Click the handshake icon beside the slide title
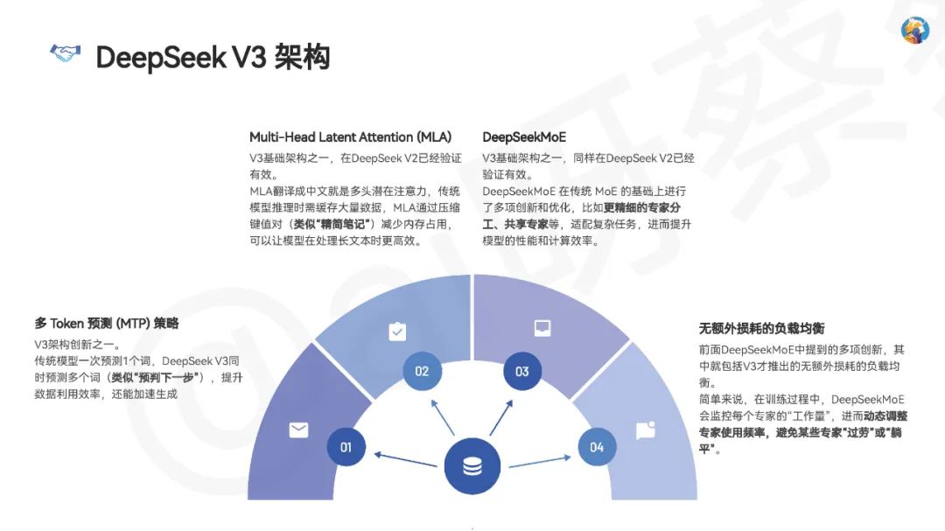pos(65,55)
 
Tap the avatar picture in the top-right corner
pos(914,30)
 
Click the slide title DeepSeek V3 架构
pos(213,57)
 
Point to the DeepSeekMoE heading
pos(524,137)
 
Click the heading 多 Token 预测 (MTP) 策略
pos(107,324)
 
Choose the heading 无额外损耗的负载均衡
pos(761,329)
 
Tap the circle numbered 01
pos(346,447)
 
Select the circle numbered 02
pos(422,371)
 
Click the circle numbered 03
pos(522,371)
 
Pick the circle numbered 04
pos(597,447)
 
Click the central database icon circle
pos(472,465)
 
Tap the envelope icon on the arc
pos(299,430)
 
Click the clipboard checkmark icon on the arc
pos(396,332)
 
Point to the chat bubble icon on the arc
pos(646,430)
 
